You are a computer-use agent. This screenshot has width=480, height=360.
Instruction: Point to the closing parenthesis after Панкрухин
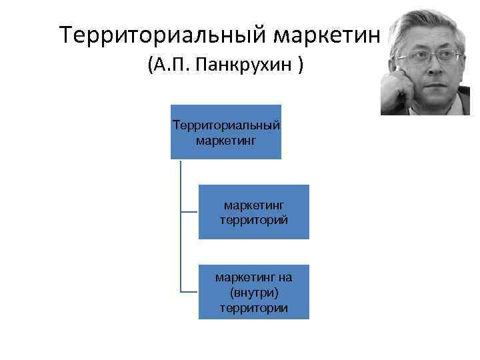(302, 66)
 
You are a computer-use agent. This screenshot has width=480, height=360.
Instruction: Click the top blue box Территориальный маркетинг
(225, 132)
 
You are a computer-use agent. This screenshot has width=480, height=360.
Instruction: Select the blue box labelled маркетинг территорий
(253, 211)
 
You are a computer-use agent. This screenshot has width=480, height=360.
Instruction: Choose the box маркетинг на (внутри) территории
(253, 291)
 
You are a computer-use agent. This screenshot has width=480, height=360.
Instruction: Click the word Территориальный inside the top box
(225, 125)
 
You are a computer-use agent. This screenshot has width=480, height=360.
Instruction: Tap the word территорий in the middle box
(253, 219)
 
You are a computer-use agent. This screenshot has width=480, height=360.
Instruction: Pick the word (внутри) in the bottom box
(253, 292)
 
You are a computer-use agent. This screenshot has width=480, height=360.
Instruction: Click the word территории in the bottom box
(253, 307)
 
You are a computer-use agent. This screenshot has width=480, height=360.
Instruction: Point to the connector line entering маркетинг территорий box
(189, 211)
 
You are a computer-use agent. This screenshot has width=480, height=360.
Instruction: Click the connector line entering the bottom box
(189, 291)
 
